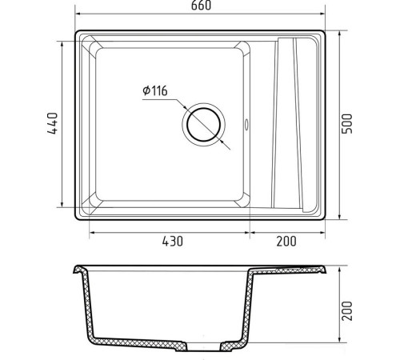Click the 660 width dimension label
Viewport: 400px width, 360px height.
pos(201,6)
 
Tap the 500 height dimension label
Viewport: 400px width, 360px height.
pos(347,124)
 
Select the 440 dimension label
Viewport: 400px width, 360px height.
pos(52,123)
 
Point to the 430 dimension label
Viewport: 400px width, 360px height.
pos(173,241)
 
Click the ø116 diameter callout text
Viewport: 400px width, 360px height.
pos(155,90)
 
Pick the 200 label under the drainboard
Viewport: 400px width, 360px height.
pos(286,241)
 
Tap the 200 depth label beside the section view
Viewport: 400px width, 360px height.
pos(347,310)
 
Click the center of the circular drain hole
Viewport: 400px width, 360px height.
pos(204,125)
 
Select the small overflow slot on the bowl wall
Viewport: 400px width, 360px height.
pos(246,124)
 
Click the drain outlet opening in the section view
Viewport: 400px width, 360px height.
pos(203,346)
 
